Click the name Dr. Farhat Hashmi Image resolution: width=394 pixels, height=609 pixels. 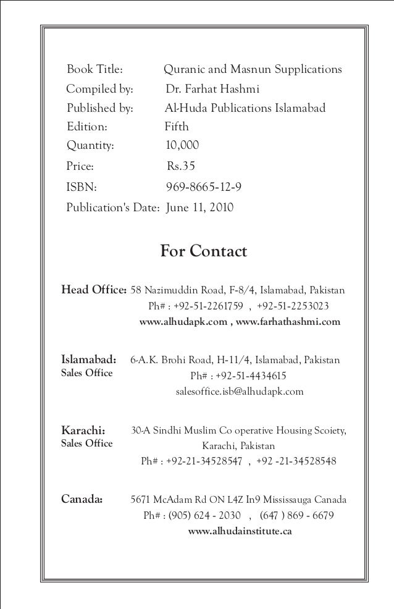(x=212, y=89)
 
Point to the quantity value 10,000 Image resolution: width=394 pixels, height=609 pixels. (x=183, y=146)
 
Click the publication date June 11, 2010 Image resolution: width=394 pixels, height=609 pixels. (x=200, y=207)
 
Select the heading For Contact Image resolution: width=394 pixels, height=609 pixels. (x=203, y=252)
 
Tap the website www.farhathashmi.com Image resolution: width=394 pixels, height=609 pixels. (x=288, y=322)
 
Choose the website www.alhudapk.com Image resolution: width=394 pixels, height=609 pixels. (x=183, y=322)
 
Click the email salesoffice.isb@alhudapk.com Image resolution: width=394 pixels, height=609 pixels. (x=240, y=392)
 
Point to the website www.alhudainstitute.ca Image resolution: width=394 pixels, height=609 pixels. (x=240, y=531)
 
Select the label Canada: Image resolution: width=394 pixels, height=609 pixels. (x=82, y=500)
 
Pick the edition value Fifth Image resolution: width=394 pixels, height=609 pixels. (x=177, y=127)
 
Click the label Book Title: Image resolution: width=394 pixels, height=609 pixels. (x=95, y=69)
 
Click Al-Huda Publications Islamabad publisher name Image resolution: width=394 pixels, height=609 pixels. (x=245, y=109)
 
